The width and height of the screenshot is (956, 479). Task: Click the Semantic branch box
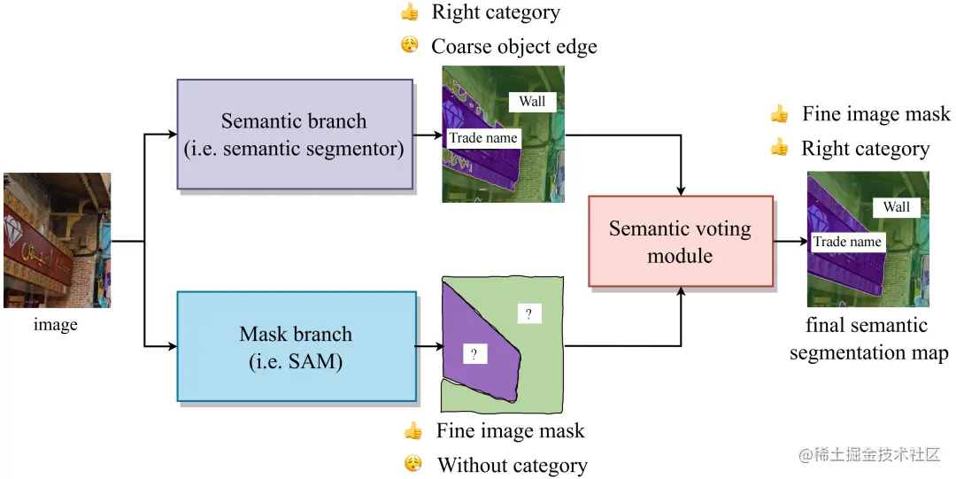pos(295,135)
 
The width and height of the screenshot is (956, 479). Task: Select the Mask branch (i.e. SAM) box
pos(297,346)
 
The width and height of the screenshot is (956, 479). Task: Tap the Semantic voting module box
pos(681,241)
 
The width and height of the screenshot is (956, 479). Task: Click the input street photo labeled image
pos(58,241)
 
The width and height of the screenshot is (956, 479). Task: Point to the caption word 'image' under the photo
pos(56,325)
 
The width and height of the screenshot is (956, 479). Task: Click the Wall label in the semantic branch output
pos(532,101)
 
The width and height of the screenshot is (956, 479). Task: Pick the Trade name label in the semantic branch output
pos(483,138)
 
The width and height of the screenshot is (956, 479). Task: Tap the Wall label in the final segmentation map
pos(896,207)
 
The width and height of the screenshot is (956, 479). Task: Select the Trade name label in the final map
pos(847,242)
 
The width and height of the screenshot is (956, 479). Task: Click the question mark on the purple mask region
pos(474,354)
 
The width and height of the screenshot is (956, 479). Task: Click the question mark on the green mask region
pos(528,313)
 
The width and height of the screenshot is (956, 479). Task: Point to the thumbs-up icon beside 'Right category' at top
pos(409,12)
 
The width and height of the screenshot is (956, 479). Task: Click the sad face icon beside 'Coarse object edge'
pos(410,45)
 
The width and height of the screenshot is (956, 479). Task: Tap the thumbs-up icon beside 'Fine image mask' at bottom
pos(412,431)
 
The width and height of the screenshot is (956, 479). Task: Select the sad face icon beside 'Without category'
pos(412,464)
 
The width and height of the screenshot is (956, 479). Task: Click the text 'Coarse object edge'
pos(514,46)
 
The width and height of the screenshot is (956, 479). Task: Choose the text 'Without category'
pos(513,466)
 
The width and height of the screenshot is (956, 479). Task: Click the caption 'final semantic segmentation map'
pos(869,338)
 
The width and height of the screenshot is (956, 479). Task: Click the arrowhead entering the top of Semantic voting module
pos(681,191)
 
